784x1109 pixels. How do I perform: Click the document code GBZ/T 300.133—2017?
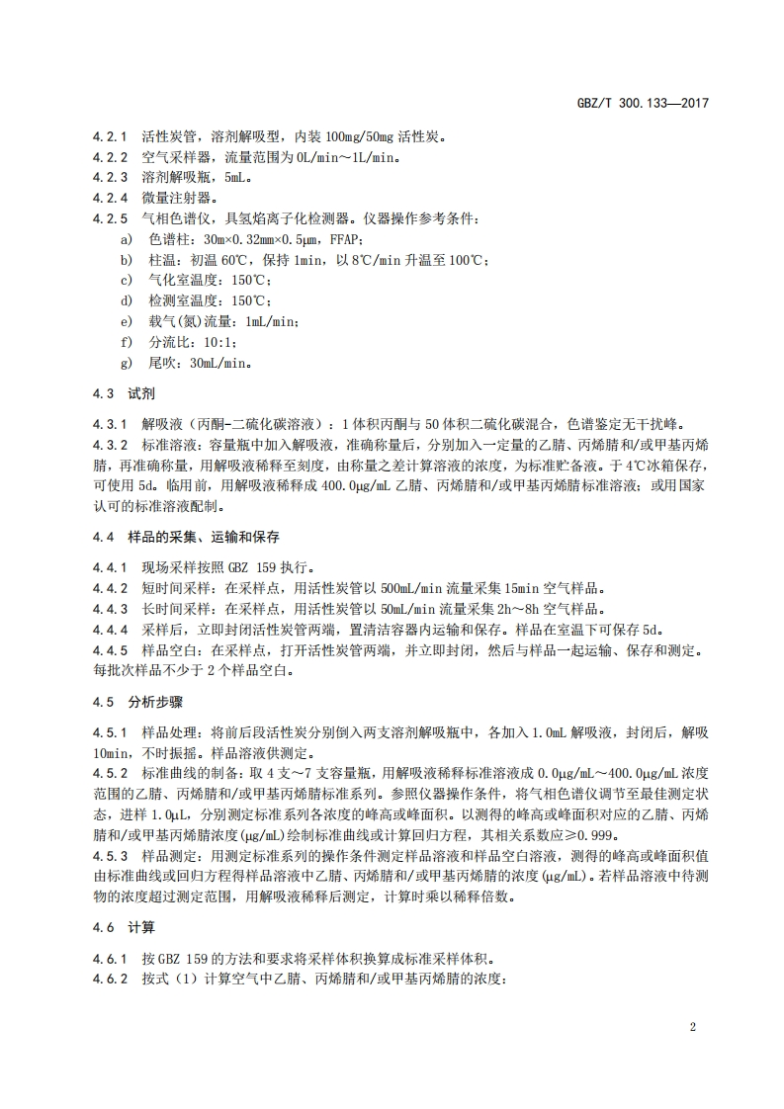click(645, 102)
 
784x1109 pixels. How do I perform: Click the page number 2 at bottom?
click(693, 1026)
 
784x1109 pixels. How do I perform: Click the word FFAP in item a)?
click(313, 239)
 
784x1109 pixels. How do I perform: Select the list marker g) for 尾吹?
click(125, 363)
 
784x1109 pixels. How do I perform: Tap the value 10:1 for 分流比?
click(219, 342)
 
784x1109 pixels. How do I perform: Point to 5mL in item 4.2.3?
click(238, 178)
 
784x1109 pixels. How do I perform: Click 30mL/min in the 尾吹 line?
click(219, 363)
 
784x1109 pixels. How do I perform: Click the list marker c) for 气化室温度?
click(125, 281)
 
